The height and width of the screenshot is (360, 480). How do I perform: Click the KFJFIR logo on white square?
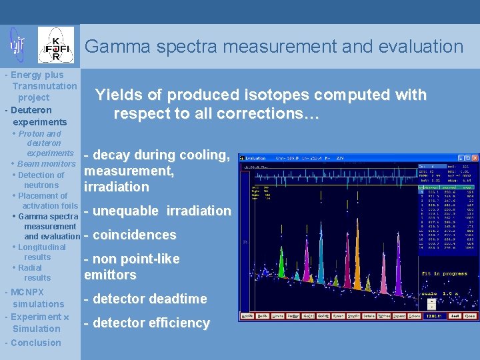(56, 45)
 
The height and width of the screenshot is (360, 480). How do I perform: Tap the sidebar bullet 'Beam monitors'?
(46, 164)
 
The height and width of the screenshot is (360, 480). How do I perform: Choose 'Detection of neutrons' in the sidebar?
(41, 180)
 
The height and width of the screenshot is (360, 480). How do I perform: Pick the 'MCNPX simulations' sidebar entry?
(33, 298)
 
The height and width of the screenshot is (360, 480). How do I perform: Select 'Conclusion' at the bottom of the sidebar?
(35, 343)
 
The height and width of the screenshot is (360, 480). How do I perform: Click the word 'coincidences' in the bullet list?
(134, 235)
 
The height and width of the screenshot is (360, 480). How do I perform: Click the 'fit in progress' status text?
(445, 274)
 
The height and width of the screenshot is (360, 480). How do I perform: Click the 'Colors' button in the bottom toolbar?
(415, 316)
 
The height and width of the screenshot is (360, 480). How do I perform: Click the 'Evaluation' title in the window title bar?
(255, 159)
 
